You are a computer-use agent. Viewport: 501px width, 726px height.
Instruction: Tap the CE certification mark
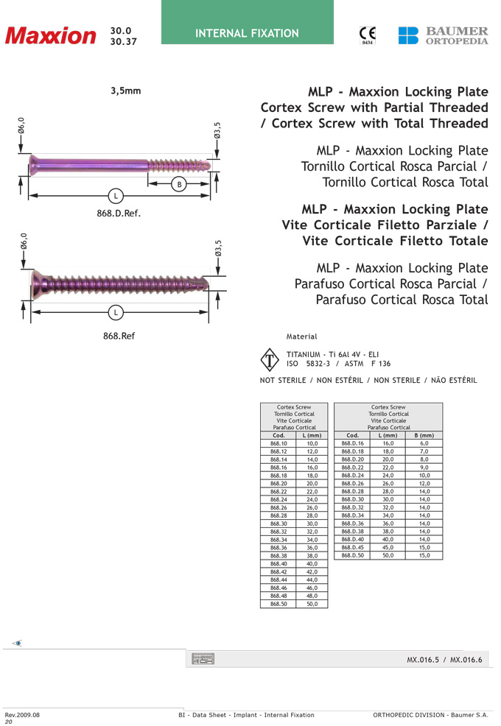[367, 35]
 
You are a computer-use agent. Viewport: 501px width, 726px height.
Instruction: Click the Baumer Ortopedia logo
[443, 35]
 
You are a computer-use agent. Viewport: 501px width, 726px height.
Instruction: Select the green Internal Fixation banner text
[247, 33]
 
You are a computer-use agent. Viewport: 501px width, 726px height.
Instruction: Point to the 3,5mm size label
[125, 91]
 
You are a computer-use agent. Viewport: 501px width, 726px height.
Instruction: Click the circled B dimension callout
[178, 184]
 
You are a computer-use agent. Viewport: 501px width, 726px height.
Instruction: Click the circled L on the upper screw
[116, 196]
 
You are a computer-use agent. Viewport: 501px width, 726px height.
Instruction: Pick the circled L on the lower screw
[116, 313]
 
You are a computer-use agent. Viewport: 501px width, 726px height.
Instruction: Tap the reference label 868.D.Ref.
[118, 214]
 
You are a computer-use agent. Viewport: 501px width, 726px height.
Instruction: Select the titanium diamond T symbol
[270, 360]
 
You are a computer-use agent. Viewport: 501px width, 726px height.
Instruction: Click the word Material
[301, 336]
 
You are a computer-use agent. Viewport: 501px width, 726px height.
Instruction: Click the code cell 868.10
[278, 444]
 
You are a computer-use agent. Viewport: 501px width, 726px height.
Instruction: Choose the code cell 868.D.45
[352, 547]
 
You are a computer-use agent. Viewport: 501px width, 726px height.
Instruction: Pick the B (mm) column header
[424, 435]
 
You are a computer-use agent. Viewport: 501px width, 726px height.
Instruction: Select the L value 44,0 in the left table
[312, 580]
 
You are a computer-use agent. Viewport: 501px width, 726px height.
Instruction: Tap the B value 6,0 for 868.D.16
[424, 444]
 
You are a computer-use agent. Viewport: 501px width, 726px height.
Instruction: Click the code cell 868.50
[278, 604]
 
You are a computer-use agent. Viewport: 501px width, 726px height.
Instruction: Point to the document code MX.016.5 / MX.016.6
[444, 660]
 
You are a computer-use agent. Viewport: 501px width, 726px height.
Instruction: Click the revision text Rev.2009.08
[22, 715]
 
